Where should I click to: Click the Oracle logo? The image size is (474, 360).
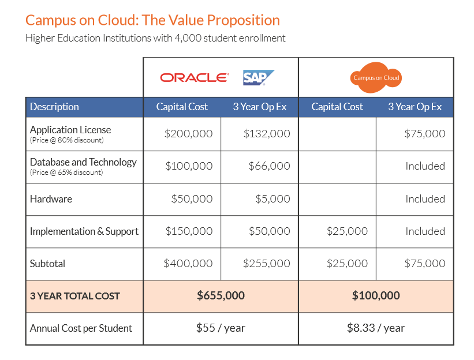click(195, 78)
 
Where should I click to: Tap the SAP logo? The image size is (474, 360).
click(259, 78)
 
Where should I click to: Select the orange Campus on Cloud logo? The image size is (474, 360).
click(376, 78)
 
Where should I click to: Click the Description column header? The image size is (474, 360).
click(54, 107)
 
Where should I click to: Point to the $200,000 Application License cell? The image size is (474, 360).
click(188, 133)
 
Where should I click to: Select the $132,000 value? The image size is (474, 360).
click(267, 133)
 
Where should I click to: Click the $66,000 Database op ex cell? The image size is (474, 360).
click(269, 166)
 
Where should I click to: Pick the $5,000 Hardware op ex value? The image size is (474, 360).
click(273, 198)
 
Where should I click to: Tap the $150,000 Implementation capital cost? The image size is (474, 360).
click(189, 231)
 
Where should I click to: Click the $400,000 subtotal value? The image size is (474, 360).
click(188, 263)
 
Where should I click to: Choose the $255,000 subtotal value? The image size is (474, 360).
click(267, 263)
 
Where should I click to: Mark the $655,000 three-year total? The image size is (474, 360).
click(221, 295)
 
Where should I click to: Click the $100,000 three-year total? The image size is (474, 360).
click(376, 295)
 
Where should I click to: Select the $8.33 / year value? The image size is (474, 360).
click(376, 328)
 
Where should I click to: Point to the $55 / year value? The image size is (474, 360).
click(221, 328)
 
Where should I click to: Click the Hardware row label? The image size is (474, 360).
click(51, 199)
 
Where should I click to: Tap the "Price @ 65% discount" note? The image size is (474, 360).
click(66, 172)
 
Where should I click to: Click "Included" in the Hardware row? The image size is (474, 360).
click(425, 199)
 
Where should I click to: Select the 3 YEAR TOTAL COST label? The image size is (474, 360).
click(75, 296)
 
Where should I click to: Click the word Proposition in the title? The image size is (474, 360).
click(243, 21)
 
